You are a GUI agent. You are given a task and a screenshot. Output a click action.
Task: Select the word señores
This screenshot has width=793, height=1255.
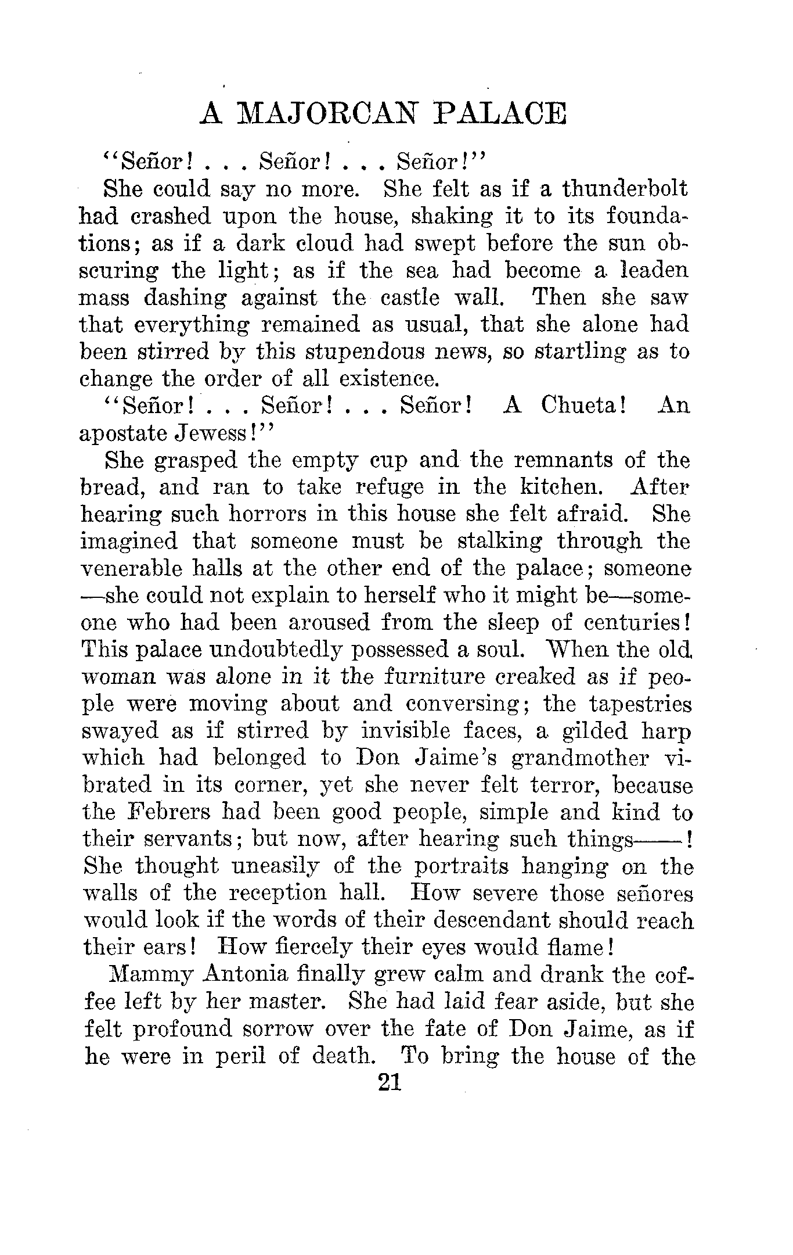point(650,893)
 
